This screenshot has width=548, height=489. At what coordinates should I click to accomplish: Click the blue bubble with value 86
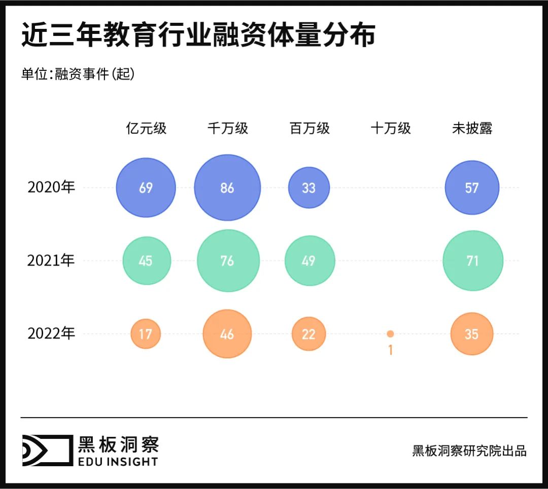227,188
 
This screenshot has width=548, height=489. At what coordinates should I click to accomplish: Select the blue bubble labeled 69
146,188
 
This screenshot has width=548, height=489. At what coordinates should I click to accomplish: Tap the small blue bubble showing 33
309,188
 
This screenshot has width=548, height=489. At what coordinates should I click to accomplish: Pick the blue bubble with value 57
472,188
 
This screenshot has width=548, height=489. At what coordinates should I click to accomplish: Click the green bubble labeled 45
146,261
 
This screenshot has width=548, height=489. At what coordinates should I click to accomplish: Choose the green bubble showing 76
228,261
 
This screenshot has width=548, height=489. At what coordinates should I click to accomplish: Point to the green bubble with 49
310,261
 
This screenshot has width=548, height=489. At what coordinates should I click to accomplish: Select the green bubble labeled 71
472,261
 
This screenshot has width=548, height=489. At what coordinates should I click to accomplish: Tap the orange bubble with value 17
146,334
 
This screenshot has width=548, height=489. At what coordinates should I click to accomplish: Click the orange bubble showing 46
227,334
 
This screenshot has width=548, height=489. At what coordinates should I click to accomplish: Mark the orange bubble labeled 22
309,334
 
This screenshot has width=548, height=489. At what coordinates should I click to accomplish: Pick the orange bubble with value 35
472,334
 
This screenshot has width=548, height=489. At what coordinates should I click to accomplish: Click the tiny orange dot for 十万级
390,334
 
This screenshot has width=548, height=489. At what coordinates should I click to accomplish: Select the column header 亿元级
146,129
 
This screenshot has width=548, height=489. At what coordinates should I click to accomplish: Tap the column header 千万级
228,129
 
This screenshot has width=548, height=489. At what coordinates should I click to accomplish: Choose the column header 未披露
472,129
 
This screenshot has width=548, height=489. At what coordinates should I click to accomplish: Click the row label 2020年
51,187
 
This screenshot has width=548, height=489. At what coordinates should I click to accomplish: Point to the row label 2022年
51,333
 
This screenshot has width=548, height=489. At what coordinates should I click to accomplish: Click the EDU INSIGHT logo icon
47,450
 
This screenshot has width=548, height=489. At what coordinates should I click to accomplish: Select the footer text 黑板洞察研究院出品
469,450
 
